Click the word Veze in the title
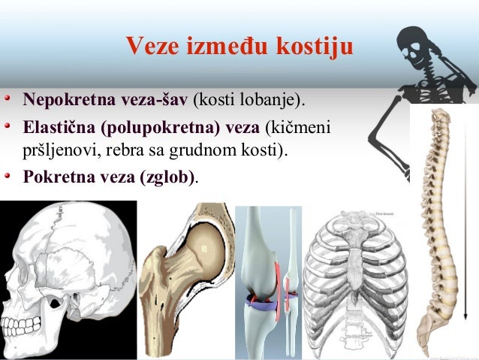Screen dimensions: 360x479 (x=149, y=47)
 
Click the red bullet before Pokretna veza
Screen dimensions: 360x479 (x=7, y=177)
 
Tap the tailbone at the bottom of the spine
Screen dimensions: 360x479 (x=425, y=342)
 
